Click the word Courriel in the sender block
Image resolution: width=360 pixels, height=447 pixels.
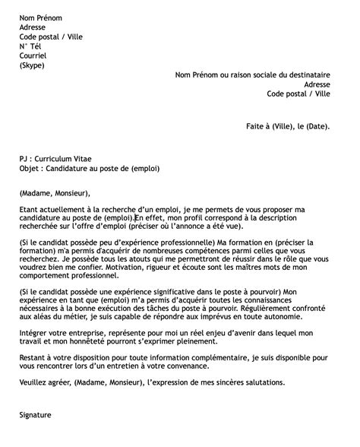click(x=33, y=55)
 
